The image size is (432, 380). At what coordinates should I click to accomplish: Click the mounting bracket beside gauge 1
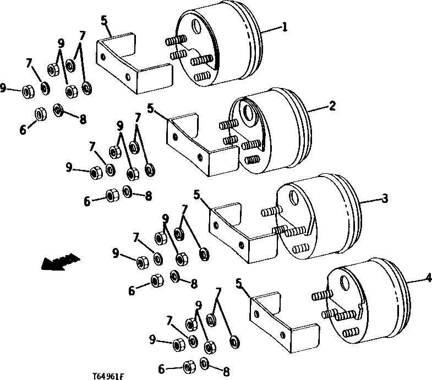pos(132,63)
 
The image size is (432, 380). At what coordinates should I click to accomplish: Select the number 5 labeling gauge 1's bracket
pos(103,21)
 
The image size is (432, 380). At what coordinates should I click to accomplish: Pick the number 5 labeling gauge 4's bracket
pos(239,283)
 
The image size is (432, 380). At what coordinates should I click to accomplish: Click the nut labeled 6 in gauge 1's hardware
pos(40,114)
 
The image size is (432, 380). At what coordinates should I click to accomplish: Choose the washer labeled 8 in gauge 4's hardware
pos(205,364)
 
